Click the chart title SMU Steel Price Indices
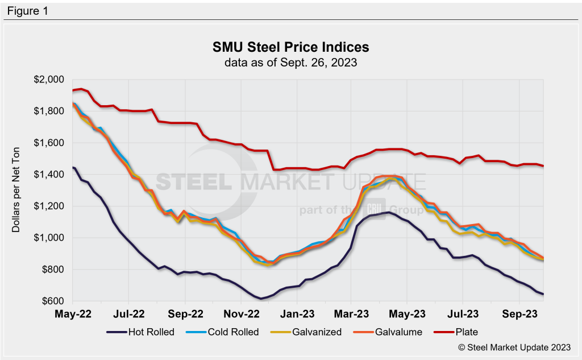click(x=290, y=47)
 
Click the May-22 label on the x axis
click(x=73, y=313)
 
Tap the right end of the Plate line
click(x=543, y=166)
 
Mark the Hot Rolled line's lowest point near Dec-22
click(x=261, y=298)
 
